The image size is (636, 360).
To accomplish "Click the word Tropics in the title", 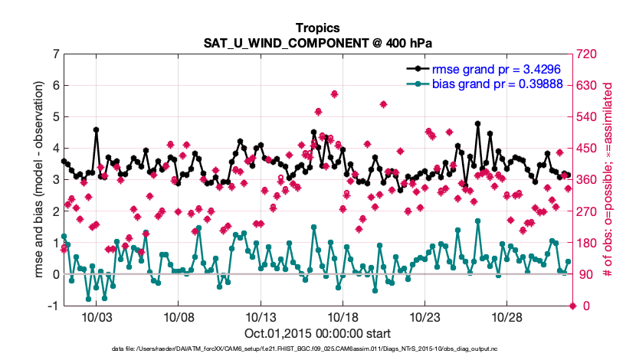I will point(317,28).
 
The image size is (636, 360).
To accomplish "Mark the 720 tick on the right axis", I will point(588,54).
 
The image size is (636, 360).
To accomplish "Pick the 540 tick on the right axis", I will point(588,117).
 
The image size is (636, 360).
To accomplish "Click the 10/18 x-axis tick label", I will point(343,317).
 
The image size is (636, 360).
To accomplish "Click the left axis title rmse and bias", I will point(39,179).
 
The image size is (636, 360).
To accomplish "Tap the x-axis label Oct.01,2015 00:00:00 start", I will point(317,333).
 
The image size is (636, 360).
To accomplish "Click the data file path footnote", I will point(317,349).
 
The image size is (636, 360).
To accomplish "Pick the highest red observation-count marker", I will point(334,94).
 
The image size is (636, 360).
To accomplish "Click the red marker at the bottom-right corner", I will point(572,306).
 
